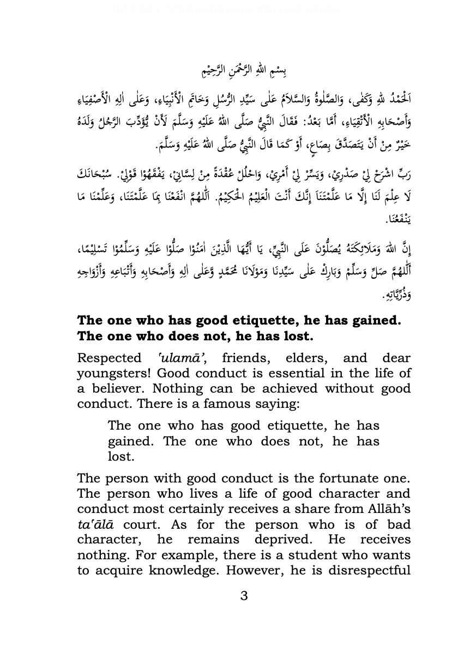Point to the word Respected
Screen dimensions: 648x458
coord(110,358)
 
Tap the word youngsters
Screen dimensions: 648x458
coord(110,373)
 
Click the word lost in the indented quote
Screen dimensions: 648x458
coord(121,456)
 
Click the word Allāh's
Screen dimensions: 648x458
coord(383,509)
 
